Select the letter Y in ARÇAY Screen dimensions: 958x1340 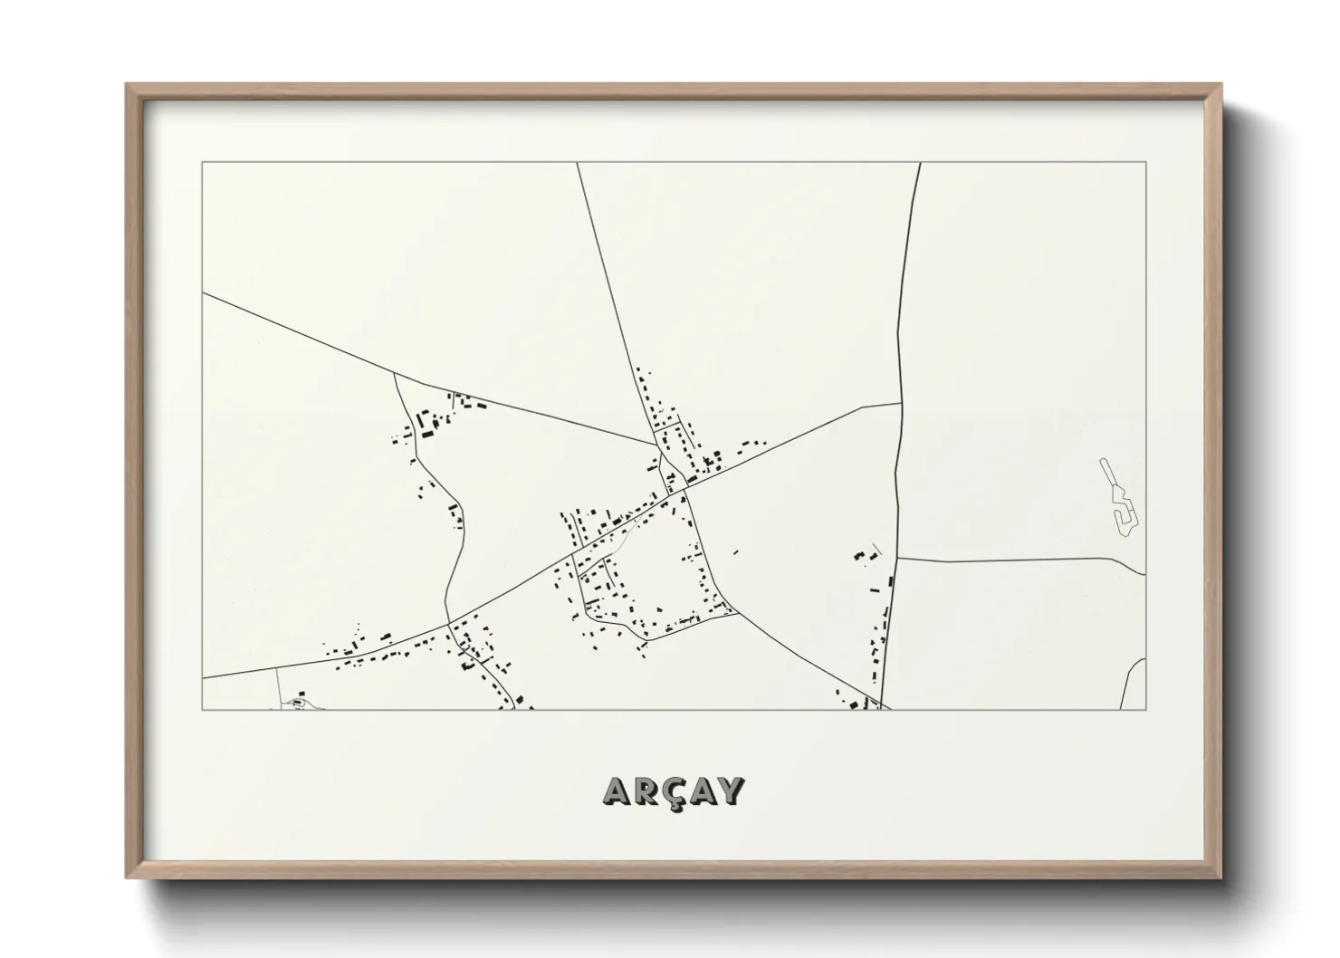731,790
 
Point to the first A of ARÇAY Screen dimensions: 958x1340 617,790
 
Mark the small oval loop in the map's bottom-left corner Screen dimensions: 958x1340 296,703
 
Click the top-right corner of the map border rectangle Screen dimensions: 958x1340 1145,163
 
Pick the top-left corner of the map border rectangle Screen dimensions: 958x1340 203,163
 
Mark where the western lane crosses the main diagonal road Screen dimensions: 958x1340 447,624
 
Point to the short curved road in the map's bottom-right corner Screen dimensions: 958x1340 1131,684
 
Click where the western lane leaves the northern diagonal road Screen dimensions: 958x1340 395,373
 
